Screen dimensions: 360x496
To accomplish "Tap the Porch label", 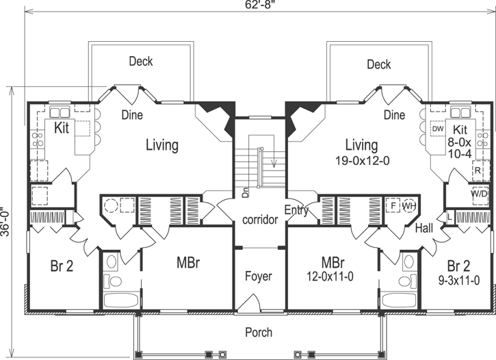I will pos(259,333).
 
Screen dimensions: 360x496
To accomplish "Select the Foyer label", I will pos(259,277).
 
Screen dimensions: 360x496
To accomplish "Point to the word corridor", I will pos(259,220).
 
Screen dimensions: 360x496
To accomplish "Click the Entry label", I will pos(296,211).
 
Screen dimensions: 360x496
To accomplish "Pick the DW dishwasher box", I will pos(438,129).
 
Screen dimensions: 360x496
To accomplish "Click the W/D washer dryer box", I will pos(479,194).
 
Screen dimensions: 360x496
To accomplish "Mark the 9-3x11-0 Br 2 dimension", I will pos(458,280).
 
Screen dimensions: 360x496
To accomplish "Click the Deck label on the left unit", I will pos(141,62).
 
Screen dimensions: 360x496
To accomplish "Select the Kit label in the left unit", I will pos(62,128).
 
